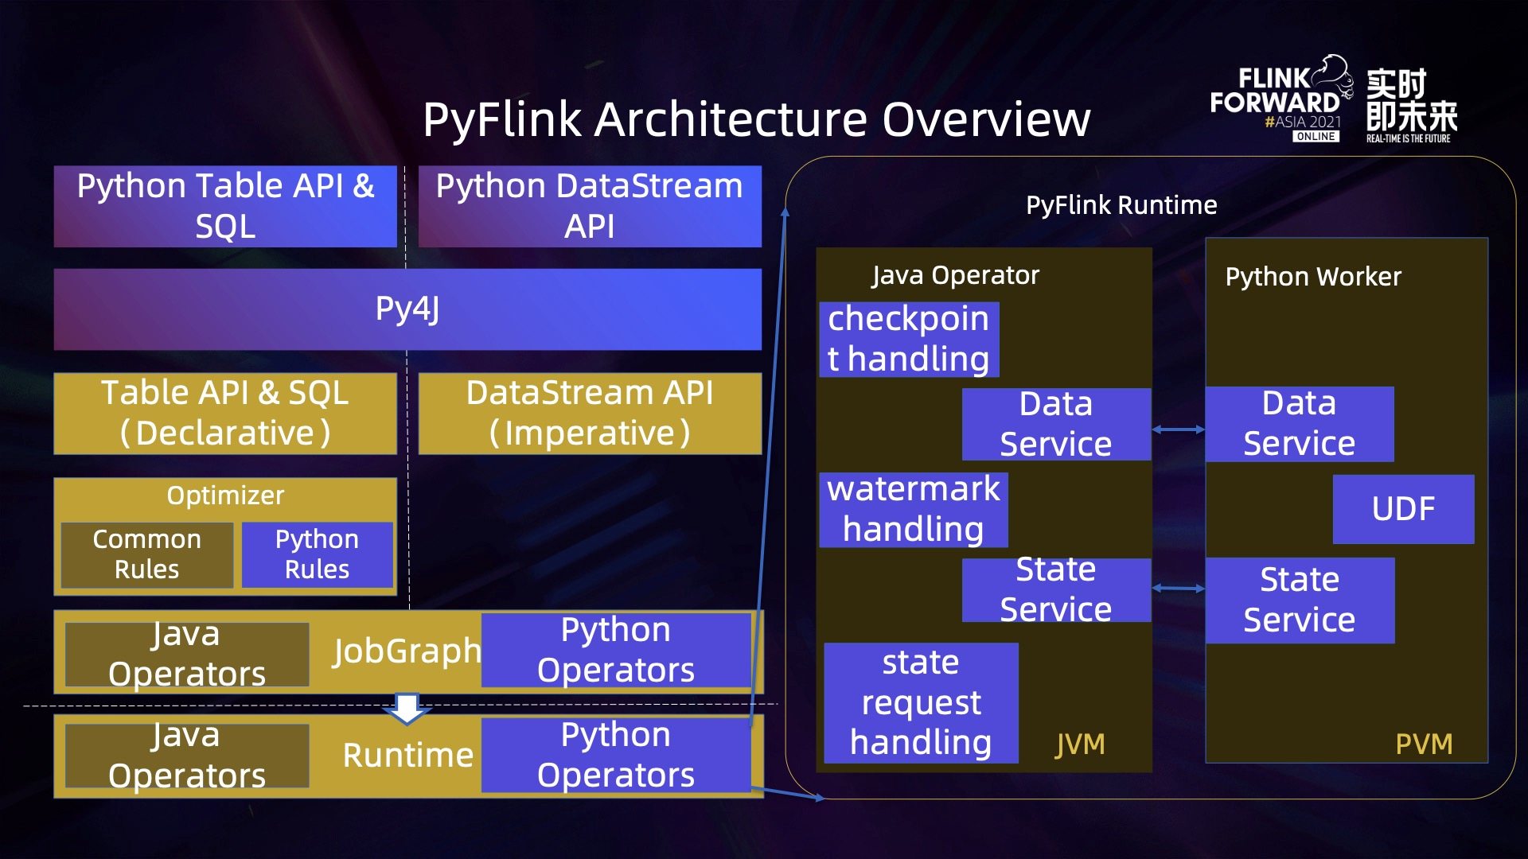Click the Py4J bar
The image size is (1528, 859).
[x=407, y=309]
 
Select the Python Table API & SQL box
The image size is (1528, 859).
[x=225, y=206]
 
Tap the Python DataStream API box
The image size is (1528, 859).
[x=589, y=206]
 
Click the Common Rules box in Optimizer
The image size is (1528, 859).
[x=146, y=554]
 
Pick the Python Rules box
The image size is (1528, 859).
[x=317, y=554]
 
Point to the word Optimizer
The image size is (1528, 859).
[x=225, y=496]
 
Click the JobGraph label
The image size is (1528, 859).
[x=407, y=651]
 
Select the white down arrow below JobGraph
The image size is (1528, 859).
[x=407, y=708]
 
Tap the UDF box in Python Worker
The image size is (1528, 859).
[x=1403, y=509]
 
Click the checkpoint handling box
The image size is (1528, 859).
[x=908, y=339]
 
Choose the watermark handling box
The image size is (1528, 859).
[x=913, y=509]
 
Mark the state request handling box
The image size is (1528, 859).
[x=921, y=702]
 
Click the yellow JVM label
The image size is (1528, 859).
[x=1080, y=744]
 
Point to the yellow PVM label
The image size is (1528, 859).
[x=1424, y=744]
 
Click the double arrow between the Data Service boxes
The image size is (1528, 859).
[x=1178, y=429]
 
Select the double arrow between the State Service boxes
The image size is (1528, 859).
[x=1178, y=589]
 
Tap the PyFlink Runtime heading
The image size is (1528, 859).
[x=1121, y=205]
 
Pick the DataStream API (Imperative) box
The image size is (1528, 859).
[x=589, y=413]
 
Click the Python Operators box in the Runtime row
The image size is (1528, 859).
[x=615, y=755]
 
